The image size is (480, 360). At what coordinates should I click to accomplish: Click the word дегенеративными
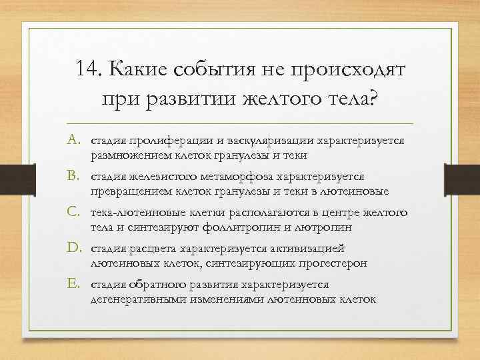137,299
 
